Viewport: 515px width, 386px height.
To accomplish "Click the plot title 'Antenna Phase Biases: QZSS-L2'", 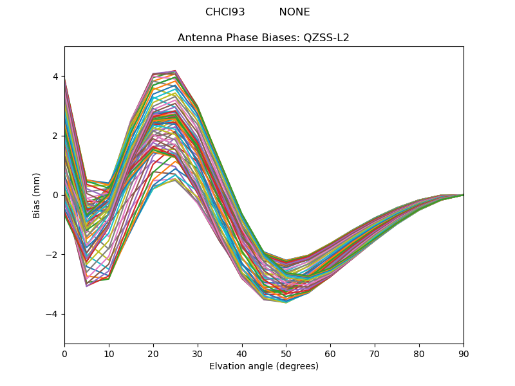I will (x=263, y=37).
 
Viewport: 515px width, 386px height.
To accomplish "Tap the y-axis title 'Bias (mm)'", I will (x=37, y=195).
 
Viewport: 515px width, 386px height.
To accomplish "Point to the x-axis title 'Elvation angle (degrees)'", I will (x=264, y=366).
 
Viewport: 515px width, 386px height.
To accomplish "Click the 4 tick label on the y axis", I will (x=55, y=77).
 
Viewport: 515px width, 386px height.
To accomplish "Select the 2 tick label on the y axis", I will (x=55, y=136).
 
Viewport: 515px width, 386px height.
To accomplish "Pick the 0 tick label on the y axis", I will (x=55, y=195).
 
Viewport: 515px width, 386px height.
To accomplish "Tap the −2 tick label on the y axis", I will (x=53, y=255).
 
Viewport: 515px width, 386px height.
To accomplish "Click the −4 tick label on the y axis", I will (x=53, y=314).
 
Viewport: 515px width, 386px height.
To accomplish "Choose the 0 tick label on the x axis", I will (x=64, y=353).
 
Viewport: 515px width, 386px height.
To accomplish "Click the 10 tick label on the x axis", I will (x=109, y=353).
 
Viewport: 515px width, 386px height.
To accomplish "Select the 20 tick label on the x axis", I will (x=153, y=353).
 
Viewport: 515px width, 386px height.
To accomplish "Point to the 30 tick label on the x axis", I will (x=198, y=353).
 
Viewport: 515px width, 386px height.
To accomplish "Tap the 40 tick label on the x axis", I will (x=242, y=353).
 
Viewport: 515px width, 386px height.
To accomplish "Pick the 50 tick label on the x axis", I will (x=286, y=353).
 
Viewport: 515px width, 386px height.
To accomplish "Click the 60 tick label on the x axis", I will (x=330, y=353).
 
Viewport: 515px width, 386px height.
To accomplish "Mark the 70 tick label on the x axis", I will (x=375, y=353).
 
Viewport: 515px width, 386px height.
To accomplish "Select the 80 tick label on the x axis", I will (x=419, y=353).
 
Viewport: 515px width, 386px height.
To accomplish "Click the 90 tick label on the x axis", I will (x=464, y=353).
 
